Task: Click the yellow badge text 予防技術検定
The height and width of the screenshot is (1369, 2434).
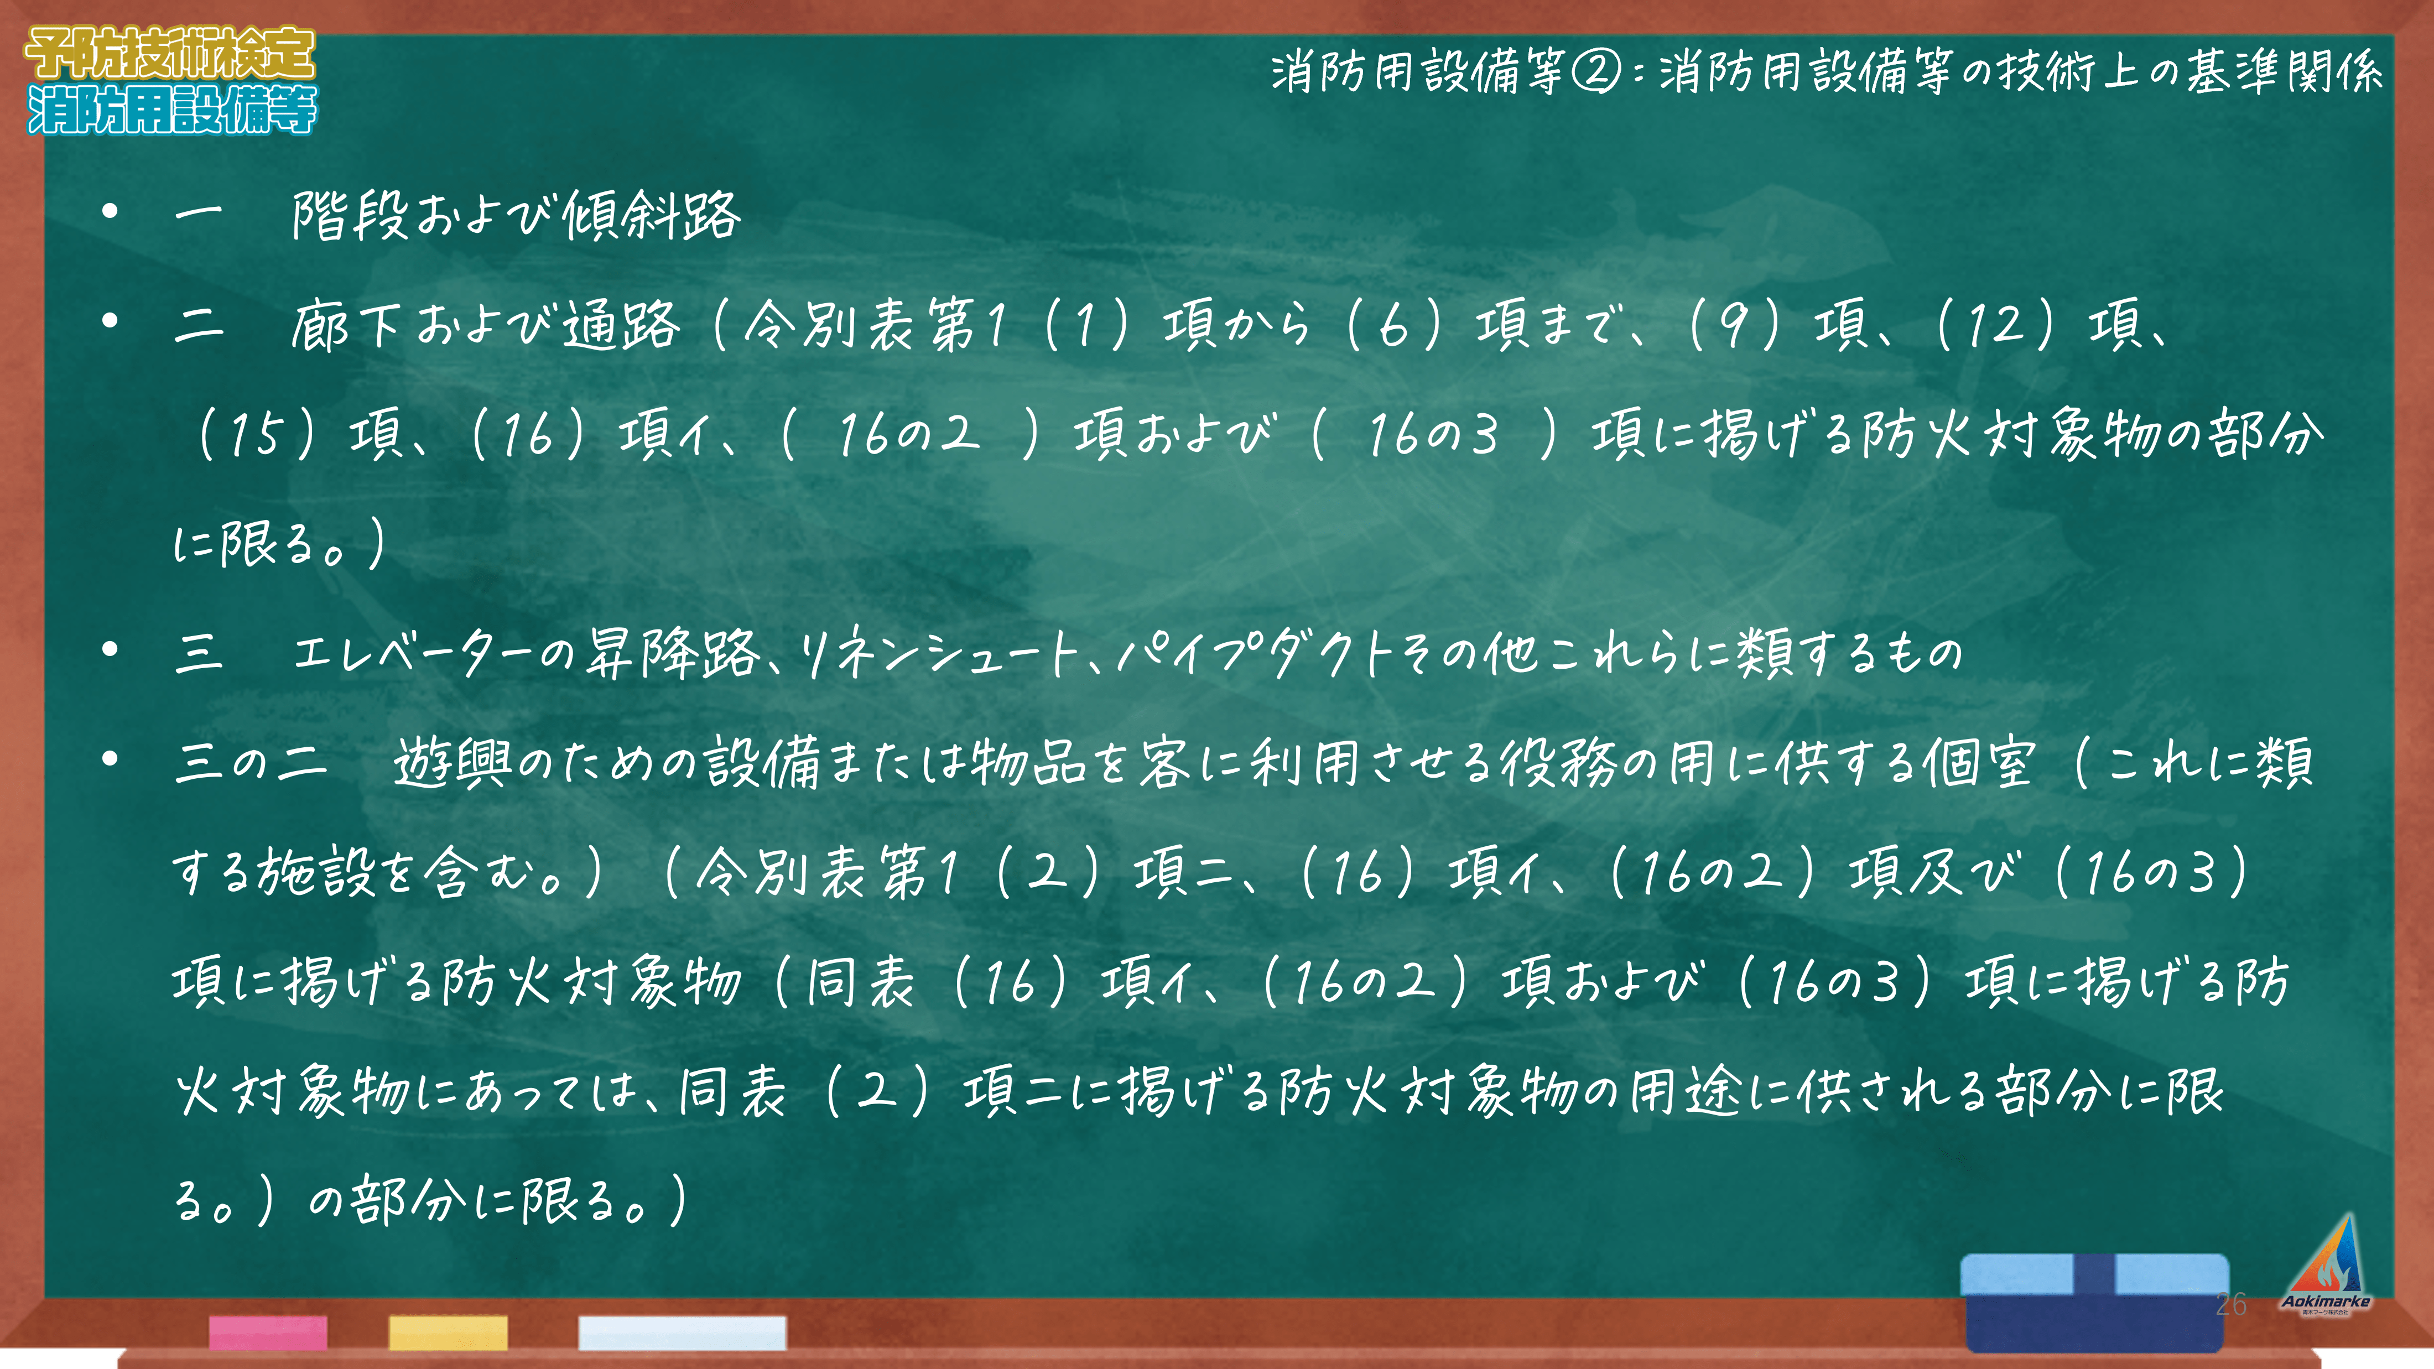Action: (170, 53)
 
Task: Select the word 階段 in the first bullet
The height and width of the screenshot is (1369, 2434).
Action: (350, 215)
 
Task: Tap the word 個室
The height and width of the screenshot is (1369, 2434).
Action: (1979, 762)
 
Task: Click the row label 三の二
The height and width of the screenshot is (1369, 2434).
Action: (251, 762)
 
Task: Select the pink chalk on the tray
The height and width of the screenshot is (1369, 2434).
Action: (268, 1333)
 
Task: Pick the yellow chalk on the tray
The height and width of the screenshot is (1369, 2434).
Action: (448, 1333)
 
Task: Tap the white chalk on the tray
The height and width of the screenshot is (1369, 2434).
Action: (682, 1333)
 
